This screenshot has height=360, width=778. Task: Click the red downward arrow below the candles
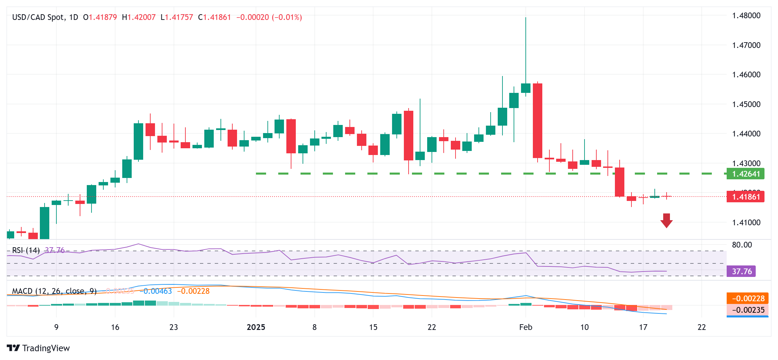coord(666,221)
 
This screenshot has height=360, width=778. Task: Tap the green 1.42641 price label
coord(745,174)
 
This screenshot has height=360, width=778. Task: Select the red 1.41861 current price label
coord(745,197)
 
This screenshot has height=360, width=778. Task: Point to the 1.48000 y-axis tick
coord(746,16)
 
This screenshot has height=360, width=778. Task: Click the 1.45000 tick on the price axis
coord(746,104)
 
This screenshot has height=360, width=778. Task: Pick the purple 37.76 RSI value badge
coord(741,272)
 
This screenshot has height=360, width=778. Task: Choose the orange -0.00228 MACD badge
coord(748,299)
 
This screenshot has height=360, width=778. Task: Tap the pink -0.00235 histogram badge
coord(748,310)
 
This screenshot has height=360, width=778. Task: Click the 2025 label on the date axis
coord(256,327)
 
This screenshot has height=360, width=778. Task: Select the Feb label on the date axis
coord(525,327)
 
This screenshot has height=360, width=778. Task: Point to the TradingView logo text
coord(46,348)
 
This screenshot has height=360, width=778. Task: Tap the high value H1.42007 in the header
coord(139,17)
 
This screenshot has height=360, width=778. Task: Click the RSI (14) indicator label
coord(26,250)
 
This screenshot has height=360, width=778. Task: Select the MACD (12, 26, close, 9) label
coord(54,291)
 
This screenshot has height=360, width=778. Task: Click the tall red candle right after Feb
coord(537,121)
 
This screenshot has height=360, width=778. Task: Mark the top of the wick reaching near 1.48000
coord(526,18)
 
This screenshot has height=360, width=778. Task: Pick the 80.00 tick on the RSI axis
coord(742,245)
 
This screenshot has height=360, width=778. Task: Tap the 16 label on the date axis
coord(115,327)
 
